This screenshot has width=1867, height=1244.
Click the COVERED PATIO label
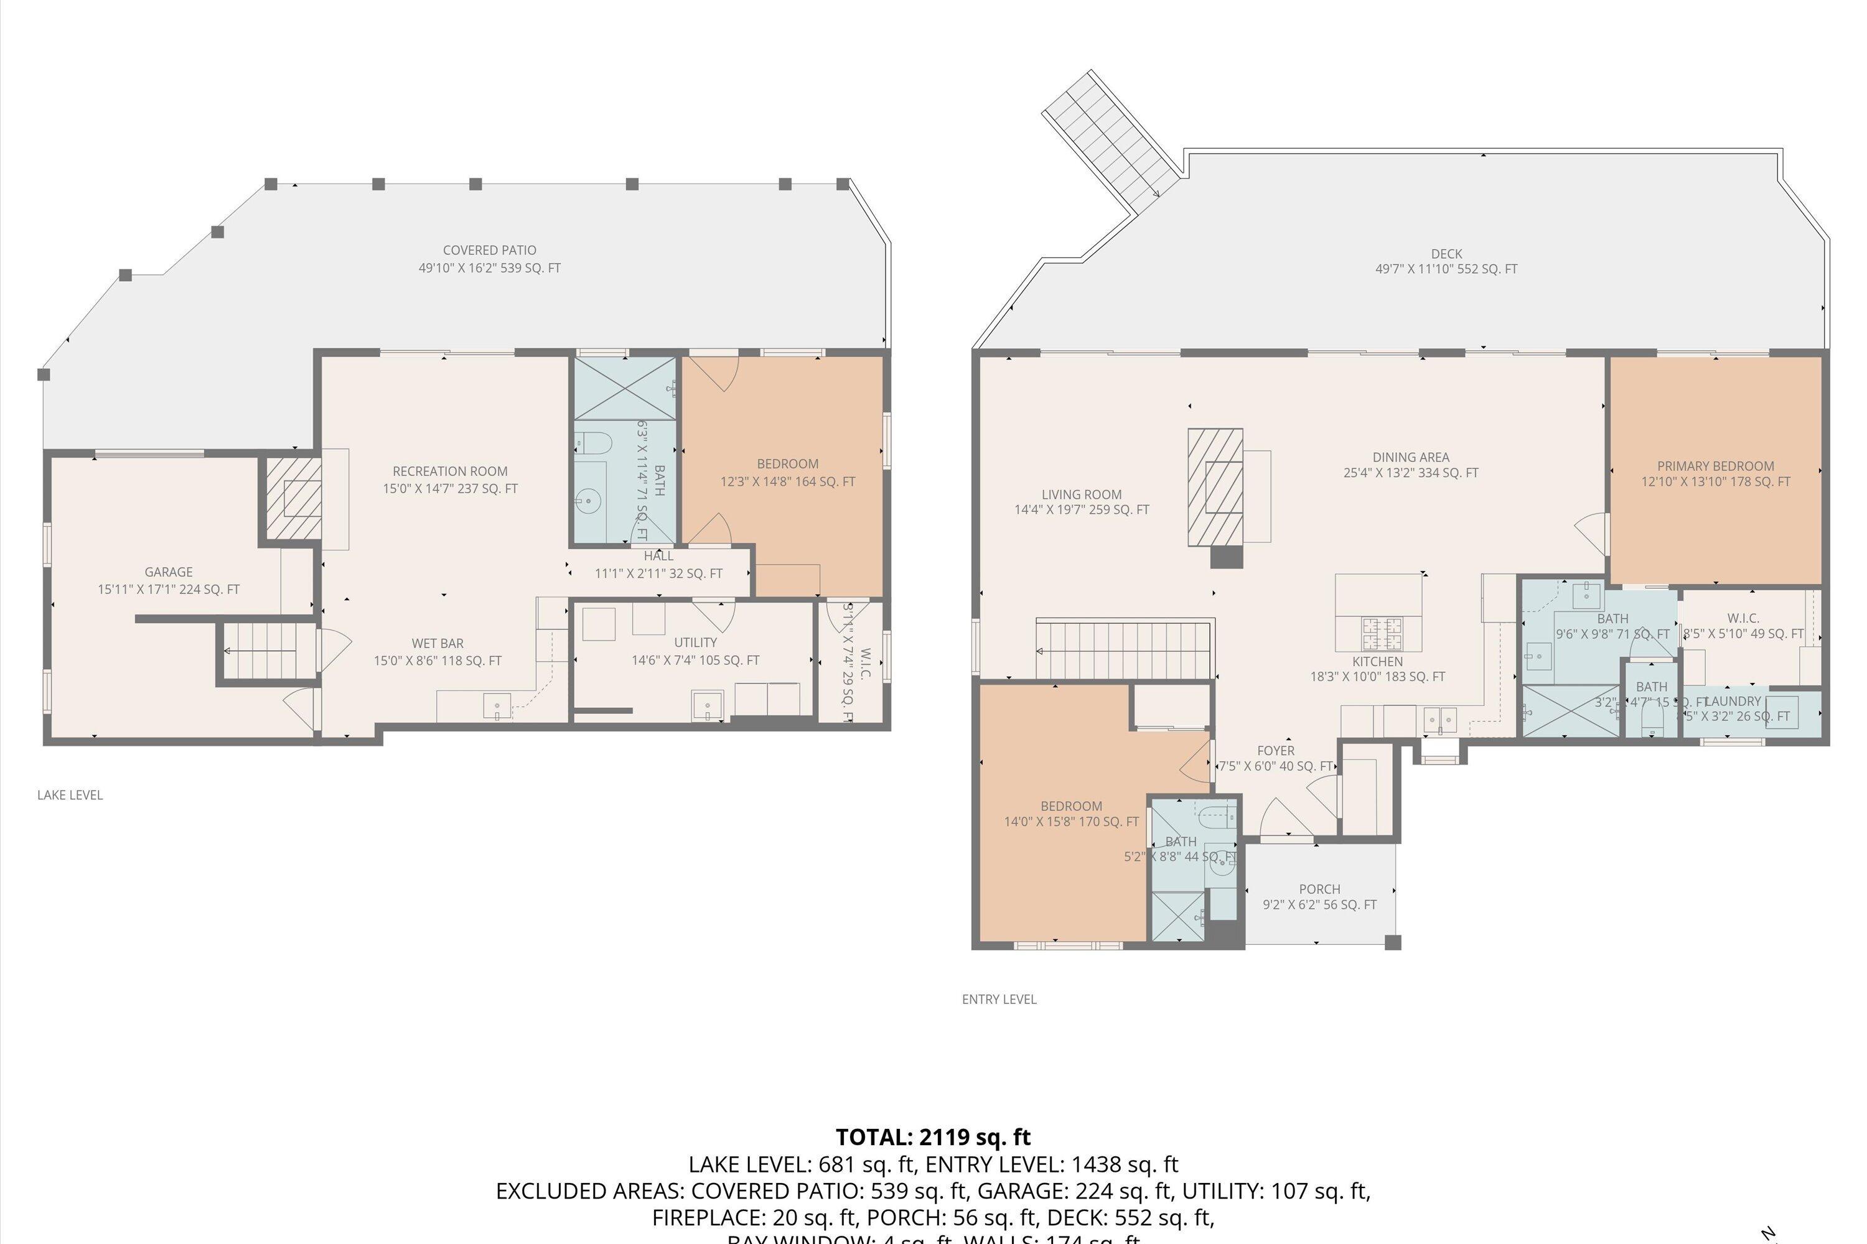pos(490,251)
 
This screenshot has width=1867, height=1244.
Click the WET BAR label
pos(438,643)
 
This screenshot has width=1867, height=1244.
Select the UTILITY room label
pos(695,643)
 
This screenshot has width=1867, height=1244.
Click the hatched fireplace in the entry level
pos(1215,487)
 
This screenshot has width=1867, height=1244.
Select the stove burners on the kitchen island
pos(1383,633)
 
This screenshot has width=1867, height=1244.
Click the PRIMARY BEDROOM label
pos(1715,466)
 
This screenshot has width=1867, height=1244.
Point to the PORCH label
pos(1319,889)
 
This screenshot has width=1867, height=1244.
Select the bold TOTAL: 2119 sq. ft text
pos(933,1137)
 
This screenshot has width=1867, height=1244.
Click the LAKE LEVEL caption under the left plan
pos(70,795)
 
